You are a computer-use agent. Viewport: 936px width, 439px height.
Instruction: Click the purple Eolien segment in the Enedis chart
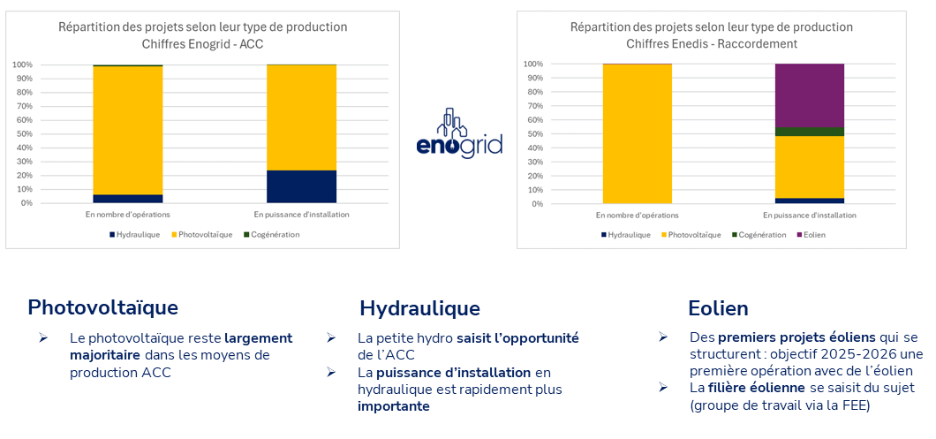(809, 95)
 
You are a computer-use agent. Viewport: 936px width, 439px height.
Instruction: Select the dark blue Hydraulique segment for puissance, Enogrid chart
(301, 186)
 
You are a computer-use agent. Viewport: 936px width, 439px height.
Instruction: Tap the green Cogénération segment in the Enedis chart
(809, 132)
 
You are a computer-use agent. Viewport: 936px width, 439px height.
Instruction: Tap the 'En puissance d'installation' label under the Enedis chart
(809, 216)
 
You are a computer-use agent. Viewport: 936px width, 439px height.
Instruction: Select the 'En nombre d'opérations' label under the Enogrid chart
(128, 215)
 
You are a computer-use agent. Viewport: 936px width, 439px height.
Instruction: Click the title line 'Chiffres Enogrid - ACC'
(202, 43)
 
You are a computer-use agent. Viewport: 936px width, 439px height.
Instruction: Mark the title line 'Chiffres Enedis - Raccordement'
(711, 43)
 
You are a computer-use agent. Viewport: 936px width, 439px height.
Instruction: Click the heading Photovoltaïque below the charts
(102, 307)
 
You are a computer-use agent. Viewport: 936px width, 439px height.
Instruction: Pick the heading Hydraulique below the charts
(419, 308)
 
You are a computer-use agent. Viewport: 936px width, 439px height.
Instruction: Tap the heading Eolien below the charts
(718, 308)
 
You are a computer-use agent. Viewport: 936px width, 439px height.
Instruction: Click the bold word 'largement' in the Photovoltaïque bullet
(258, 338)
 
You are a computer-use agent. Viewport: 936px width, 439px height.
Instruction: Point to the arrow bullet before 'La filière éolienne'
(663, 388)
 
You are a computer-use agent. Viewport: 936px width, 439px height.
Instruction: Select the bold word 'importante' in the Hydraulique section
(394, 406)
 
